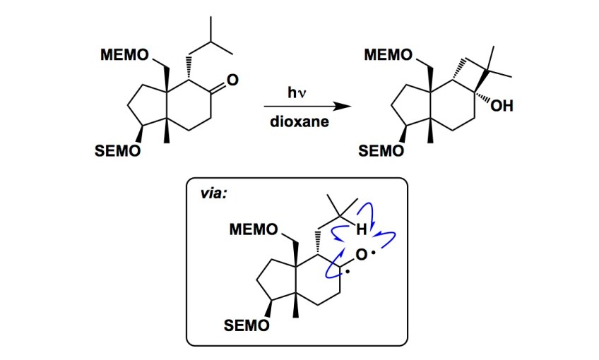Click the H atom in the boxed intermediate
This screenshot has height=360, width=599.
pos(361,229)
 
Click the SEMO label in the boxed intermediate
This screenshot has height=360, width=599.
pos(245,325)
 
